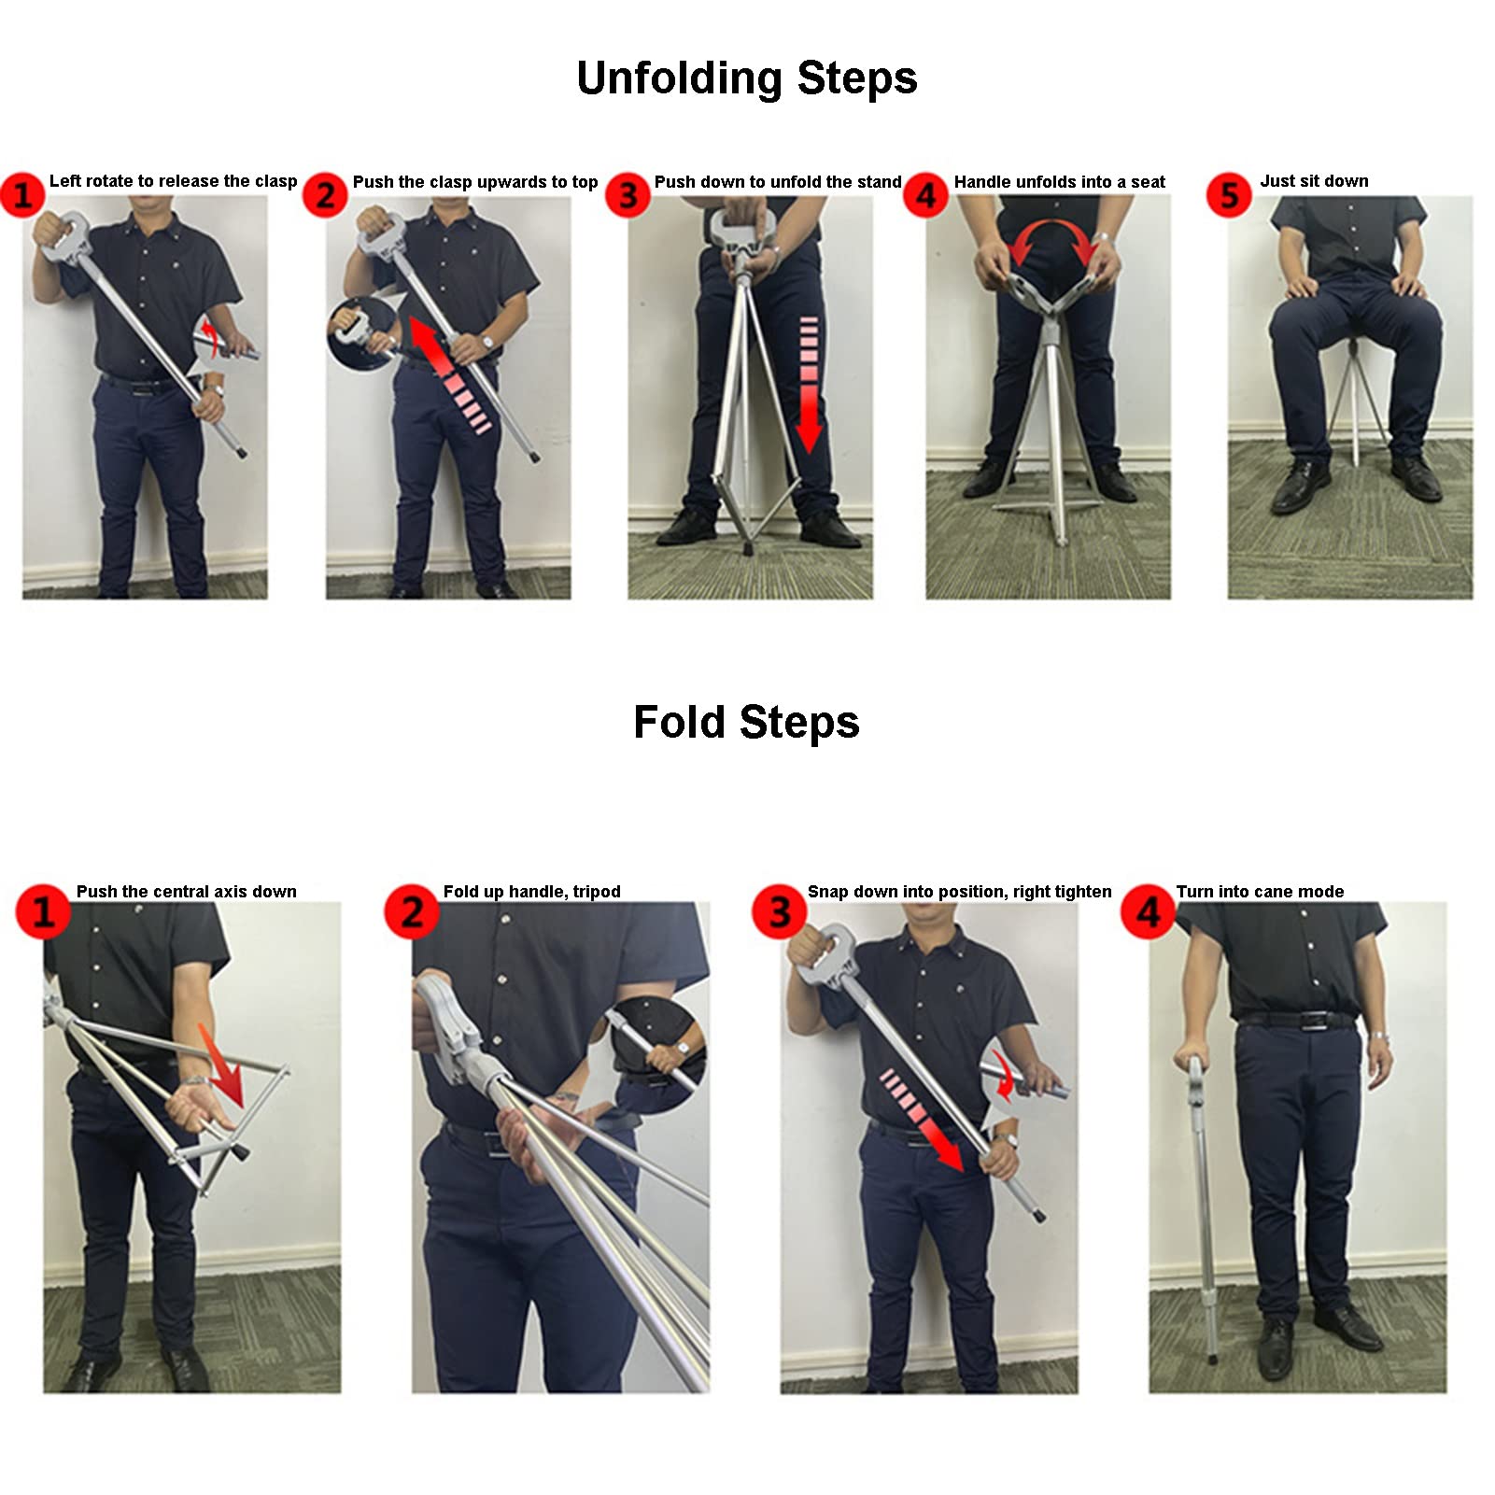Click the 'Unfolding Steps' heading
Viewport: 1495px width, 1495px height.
coord(747,78)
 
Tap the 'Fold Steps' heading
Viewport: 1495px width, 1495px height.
coord(746,722)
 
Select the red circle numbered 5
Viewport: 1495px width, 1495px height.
coord(1229,195)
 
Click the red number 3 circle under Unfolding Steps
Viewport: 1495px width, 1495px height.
coord(628,195)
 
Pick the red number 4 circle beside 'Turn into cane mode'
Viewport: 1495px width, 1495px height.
coord(1148,911)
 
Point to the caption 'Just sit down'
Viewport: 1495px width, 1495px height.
coord(1314,181)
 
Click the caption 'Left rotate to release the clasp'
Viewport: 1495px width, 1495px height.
coord(173,181)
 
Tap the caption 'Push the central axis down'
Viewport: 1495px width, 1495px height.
coord(187,892)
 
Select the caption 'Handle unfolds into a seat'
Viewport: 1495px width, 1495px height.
coord(1060,182)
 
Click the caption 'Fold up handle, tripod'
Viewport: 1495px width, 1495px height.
coord(532,892)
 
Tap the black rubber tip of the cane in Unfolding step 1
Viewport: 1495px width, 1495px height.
coord(242,452)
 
